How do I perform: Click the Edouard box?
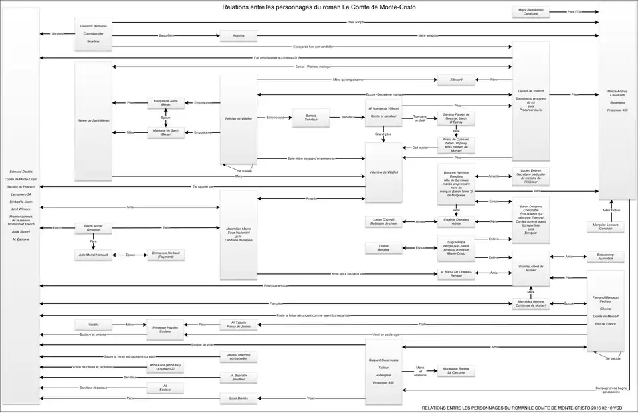click(x=456, y=80)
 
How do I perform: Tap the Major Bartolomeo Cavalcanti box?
click(x=531, y=11)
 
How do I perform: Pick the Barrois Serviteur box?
click(x=311, y=117)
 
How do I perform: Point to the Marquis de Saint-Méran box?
click(x=165, y=102)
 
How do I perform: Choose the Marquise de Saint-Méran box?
click(x=165, y=132)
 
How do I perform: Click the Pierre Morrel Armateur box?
click(x=93, y=228)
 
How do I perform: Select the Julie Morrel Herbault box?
click(x=93, y=255)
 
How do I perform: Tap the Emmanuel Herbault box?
click(x=166, y=255)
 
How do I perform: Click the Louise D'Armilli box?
click(x=384, y=221)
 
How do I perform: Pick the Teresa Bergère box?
click(x=384, y=248)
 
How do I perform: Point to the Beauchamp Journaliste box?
click(x=605, y=256)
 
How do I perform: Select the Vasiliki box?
click(x=93, y=325)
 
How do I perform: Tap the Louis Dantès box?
click(x=238, y=398)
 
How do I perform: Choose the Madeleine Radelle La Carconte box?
click(x=456, y=371)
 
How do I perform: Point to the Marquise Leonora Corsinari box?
click(x=605, y=227)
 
